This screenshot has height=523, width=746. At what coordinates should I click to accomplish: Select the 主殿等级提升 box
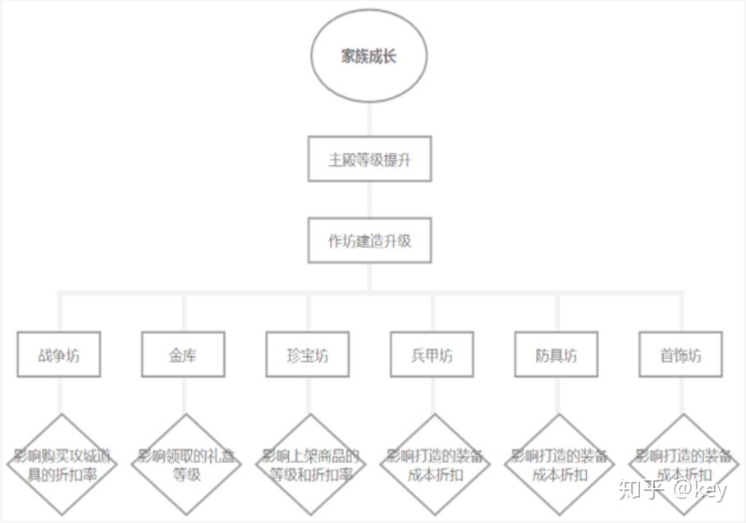point(369,160)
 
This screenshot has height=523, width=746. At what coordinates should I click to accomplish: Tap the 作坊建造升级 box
point(369,241)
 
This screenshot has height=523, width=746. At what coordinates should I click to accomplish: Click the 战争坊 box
point(59,355)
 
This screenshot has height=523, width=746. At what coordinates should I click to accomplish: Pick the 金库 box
point(183,355)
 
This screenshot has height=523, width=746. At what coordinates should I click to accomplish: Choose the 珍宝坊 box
point(308,355)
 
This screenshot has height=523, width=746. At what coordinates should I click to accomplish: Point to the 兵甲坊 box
point(432,355)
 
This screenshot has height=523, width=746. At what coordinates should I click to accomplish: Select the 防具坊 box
point(556,355)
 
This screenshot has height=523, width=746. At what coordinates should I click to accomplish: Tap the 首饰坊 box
point(680,355)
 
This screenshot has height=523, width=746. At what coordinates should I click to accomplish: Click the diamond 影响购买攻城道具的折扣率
point(62,465)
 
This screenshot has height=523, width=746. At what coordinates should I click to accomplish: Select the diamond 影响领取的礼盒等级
point(186,465)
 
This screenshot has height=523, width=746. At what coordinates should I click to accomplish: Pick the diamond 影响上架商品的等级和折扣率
point(310,465)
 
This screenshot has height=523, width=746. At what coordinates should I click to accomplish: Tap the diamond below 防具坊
point(559,465)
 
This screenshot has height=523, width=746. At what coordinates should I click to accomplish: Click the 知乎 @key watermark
point(673,490)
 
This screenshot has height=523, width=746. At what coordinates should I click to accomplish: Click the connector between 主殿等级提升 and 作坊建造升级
point(369,200)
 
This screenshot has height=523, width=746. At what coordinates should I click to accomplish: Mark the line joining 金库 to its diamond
point(185,396)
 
